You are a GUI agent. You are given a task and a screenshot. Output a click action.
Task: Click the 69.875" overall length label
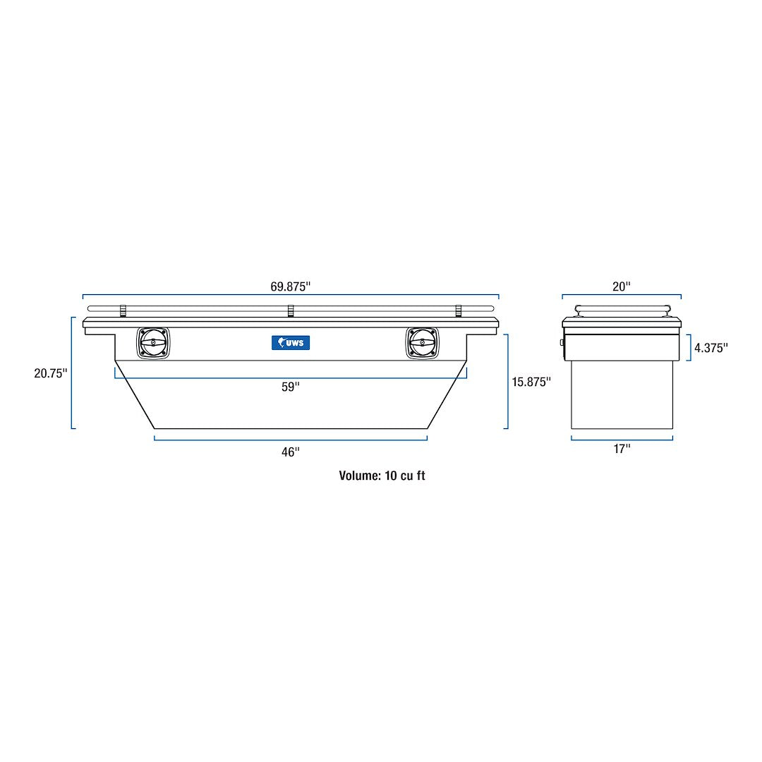[290, 286]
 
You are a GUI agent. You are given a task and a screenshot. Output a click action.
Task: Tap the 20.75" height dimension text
[50, 373]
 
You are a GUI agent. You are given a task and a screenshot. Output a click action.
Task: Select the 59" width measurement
[290, 387]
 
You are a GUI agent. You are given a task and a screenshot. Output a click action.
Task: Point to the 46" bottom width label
[290, 452]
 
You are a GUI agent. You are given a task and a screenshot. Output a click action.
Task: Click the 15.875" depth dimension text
[531, 382]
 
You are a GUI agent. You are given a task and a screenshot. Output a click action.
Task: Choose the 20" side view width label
[621, 286]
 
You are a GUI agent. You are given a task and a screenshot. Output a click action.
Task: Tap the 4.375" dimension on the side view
[710, 347]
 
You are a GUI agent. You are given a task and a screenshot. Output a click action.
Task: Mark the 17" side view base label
[621, 449]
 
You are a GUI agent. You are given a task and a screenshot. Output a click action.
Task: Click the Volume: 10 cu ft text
[382, 476]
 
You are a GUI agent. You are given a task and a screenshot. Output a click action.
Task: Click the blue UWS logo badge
[290, 343]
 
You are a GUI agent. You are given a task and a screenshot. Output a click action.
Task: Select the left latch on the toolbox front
[153, 343]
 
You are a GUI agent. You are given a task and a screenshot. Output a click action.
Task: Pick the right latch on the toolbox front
[422, 343]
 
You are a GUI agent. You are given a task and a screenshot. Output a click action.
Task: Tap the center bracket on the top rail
[290, 310]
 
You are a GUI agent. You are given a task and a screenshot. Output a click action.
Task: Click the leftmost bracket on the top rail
[122, 310]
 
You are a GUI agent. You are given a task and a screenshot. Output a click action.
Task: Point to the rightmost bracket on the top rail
[458, 310]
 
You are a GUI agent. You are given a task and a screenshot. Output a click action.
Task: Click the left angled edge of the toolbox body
[135, 395]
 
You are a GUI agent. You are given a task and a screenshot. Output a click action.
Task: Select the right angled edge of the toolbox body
[447, 395]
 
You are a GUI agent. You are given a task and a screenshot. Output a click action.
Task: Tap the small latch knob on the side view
[562, 342]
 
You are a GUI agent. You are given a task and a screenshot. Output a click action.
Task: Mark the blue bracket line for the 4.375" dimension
[689, 347]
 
